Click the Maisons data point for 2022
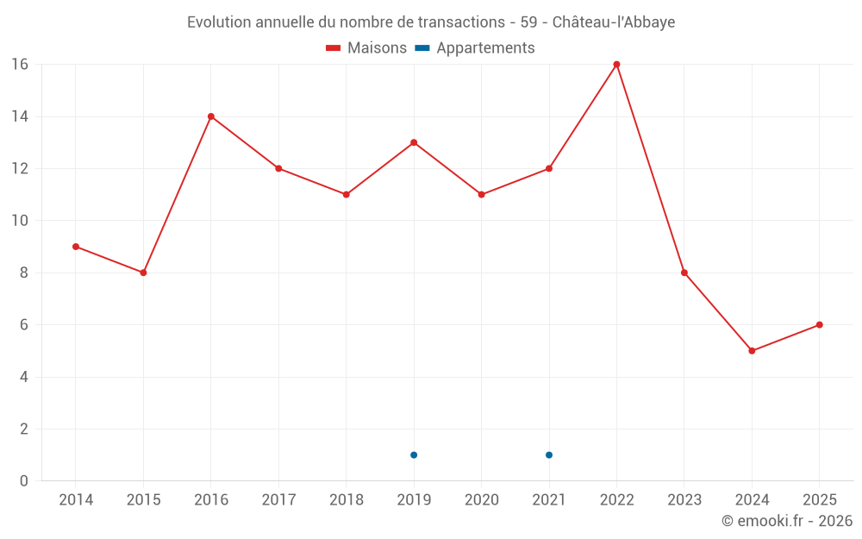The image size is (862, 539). (616, 65)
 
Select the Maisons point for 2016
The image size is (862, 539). (211, 116)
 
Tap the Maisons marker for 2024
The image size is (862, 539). (752, 351)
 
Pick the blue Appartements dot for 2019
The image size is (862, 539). (414, 455)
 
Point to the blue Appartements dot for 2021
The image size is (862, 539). (549, 455)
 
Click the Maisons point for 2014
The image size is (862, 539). (76, 247)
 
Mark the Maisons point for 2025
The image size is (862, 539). (819, 325)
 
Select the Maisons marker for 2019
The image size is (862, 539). (414, 142)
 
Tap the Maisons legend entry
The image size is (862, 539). (366, 48)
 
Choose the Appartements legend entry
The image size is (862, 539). (476, 48)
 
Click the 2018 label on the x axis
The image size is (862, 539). (347, 500)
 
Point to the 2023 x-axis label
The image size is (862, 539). (684, 500)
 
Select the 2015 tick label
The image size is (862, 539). (143, 500)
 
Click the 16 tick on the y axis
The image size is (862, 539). (20, 65)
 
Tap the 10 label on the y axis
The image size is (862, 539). (20, 221)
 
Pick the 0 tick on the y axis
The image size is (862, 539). (24, 481)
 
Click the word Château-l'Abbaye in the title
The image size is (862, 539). (613, 22)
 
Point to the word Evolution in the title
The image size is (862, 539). (219, 22)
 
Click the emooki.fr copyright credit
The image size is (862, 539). (787, 521)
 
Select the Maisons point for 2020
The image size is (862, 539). (481, 195)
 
